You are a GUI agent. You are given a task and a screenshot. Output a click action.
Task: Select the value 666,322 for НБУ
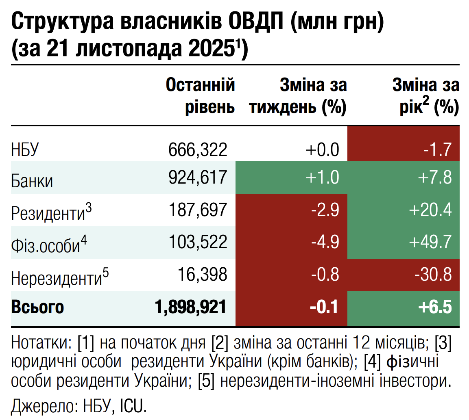pos(197,150)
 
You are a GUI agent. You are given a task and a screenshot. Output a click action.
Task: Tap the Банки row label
pos(32,181)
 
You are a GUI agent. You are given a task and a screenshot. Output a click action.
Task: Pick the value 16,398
pos(202,275)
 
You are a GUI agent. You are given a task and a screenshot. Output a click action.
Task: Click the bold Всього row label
pos(37,307)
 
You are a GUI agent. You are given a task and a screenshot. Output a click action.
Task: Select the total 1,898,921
pos(190,307)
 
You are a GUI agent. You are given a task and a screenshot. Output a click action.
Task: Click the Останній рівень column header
pos(201,97)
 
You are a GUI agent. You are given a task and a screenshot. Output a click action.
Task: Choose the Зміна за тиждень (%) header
pos(298,97)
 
